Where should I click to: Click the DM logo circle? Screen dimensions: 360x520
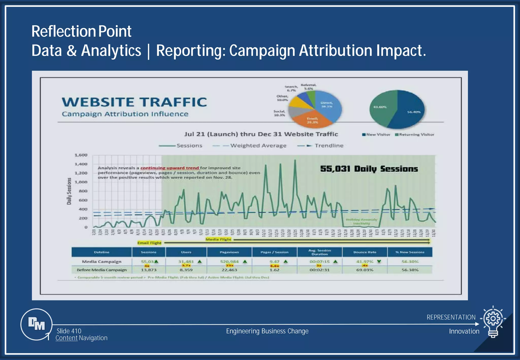36,324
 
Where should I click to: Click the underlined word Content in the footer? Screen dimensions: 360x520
67,338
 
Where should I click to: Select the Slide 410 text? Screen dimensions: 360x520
69,331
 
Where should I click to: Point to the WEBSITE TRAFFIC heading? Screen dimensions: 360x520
134,102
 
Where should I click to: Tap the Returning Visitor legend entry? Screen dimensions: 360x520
415,135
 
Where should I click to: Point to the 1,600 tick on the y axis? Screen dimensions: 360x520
81,155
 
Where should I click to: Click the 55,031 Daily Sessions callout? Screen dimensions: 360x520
369,169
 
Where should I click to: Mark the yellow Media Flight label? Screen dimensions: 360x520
218,239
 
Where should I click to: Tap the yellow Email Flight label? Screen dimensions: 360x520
149,243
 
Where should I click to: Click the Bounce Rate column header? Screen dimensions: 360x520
365,252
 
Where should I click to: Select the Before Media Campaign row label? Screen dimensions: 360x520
102,270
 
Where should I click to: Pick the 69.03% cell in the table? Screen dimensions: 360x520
365,270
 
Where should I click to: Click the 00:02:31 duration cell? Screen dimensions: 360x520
319,270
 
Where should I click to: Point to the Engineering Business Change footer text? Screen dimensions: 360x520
267,331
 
